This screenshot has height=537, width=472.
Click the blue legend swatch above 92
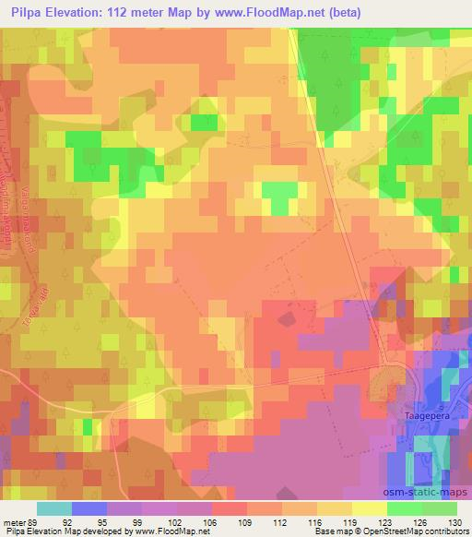pos(88,507)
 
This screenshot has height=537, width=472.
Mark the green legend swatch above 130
pos(439,507)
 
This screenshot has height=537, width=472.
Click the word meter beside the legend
pos(16,520)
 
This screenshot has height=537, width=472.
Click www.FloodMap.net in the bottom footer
pos(183,532)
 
